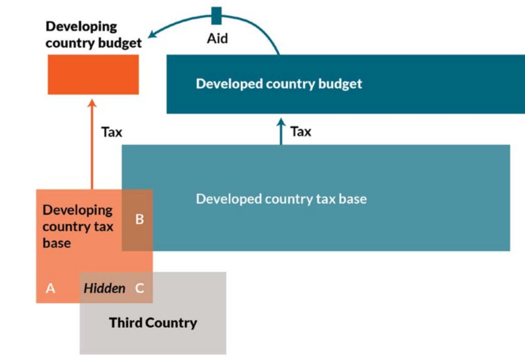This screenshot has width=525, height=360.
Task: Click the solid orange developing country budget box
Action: tap(93, 74)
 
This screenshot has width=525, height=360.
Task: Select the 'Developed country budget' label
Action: tap(279, 83)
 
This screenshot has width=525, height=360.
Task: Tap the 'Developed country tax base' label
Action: tap(281, 199)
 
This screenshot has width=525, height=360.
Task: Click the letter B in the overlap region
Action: tap(140, 219)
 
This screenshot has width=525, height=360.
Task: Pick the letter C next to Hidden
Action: tap(140, 288)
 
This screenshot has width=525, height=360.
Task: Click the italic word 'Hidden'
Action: tap(104, 288)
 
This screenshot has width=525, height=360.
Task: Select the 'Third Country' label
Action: tap(153, 322)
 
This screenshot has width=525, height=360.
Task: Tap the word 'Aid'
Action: tap(217, 38)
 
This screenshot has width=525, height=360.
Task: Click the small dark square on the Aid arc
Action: tap(216, 16)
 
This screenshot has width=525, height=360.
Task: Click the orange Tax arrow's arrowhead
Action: tap(92, 103)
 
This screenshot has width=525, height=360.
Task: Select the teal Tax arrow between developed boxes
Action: tap(281, 131)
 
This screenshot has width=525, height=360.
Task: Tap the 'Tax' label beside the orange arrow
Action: tap(112, 132)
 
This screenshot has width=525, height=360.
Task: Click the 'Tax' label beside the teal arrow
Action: tap(301, 132)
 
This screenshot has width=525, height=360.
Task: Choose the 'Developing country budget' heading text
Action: tap(93, 35)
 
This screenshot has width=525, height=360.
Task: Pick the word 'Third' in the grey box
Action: tap(126, 322)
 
